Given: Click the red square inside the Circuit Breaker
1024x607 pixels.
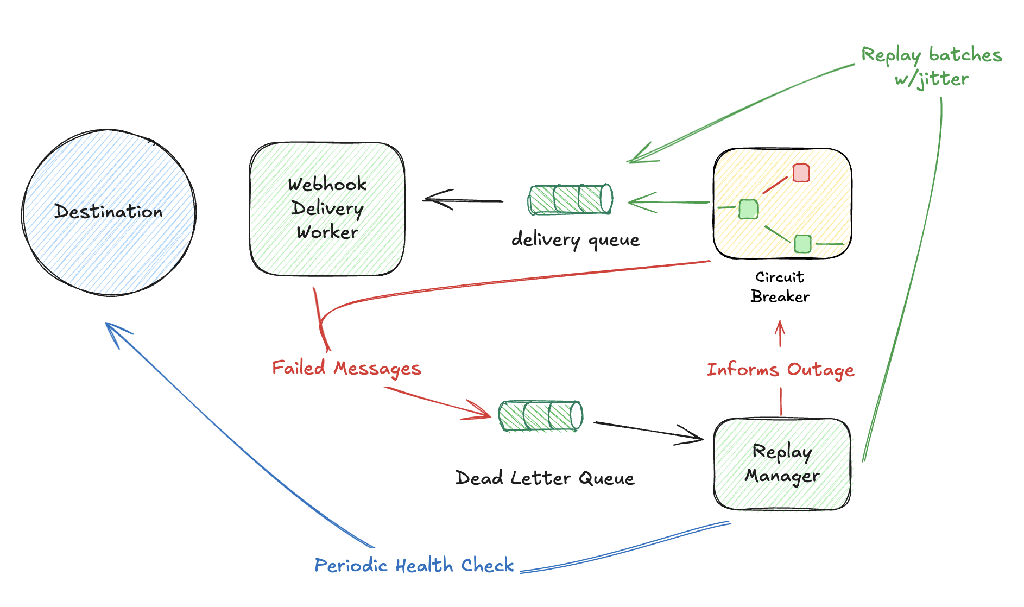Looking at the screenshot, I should tap(801, 173).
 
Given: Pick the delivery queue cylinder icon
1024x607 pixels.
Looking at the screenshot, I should tap(570, 199).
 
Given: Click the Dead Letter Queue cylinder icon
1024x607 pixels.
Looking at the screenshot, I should tap(541, 416).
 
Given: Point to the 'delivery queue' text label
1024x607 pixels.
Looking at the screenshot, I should tap(576, 239).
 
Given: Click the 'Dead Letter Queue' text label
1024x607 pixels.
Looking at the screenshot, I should tap(545, 478).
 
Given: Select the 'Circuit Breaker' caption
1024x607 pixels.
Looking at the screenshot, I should tap(780, 287).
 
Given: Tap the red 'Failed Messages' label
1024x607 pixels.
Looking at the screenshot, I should tap(346, 368).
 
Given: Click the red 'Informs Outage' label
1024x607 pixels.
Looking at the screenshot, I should tap(780, 370).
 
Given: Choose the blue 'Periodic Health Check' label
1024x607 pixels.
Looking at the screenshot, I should tap(414, 565).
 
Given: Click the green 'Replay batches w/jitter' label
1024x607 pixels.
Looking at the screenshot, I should tap(932, 67).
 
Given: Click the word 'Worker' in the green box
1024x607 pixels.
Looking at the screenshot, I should tap(327, 232).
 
